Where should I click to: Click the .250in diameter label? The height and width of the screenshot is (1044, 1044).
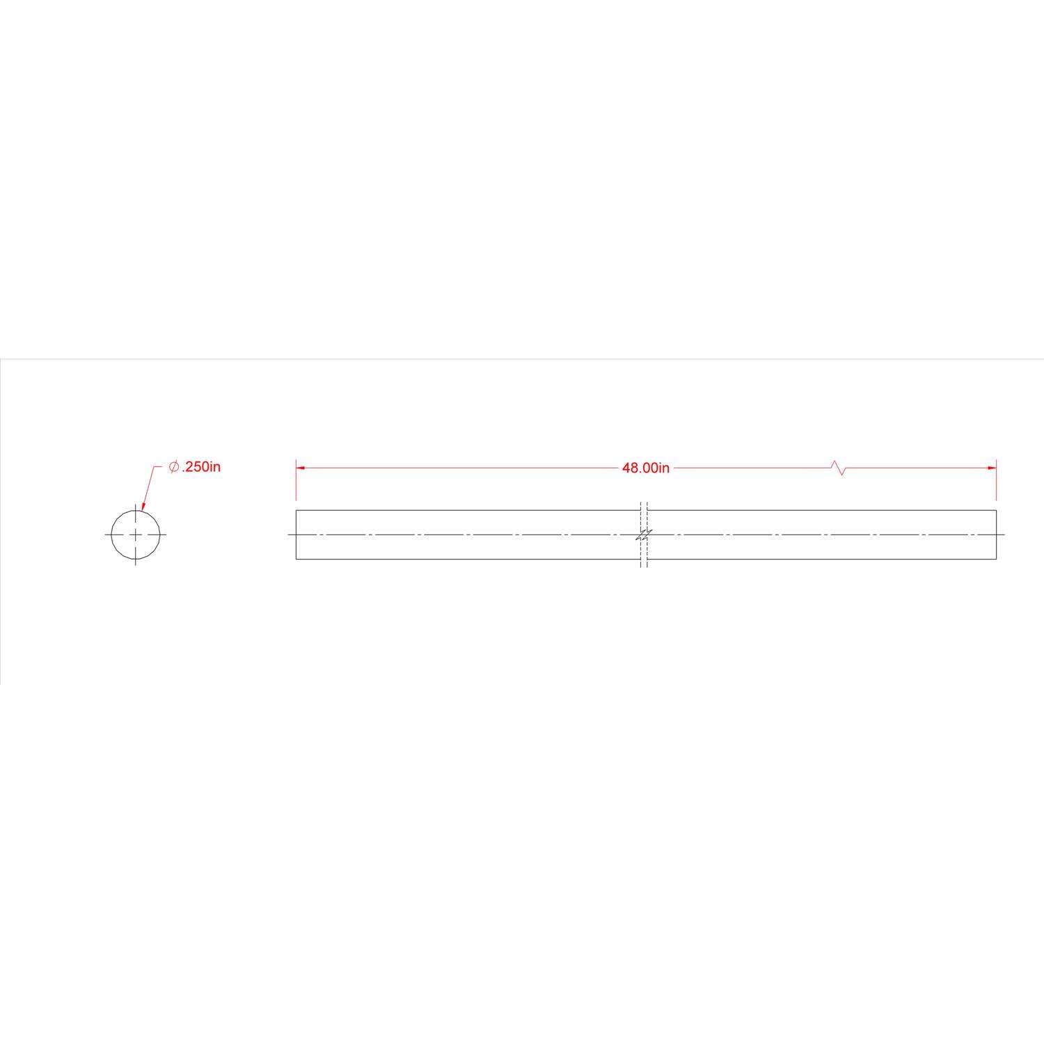200,467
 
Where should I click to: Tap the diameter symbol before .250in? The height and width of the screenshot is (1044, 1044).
174,467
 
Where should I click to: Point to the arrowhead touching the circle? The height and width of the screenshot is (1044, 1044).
143,507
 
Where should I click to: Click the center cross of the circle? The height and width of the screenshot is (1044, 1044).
135,535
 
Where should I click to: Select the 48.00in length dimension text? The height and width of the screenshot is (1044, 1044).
645,468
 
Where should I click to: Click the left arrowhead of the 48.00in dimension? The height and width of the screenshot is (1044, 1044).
301,468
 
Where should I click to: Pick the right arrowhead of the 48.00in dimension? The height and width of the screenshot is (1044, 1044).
992,468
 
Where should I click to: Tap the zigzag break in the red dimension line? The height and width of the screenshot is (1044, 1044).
839,468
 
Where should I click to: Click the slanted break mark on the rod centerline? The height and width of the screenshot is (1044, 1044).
644,535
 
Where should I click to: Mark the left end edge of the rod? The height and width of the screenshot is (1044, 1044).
296,535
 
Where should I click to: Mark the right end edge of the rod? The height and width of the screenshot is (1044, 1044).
996,535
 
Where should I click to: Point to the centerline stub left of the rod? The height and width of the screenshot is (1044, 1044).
292,535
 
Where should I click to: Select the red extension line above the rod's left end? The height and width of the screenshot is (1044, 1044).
296,484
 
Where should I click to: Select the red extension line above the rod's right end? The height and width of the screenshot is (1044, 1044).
996,484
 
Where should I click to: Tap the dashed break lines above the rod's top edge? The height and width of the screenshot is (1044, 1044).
644,505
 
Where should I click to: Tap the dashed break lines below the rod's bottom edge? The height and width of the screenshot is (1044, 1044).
644,563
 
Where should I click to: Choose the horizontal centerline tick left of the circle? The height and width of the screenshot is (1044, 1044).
107,535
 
